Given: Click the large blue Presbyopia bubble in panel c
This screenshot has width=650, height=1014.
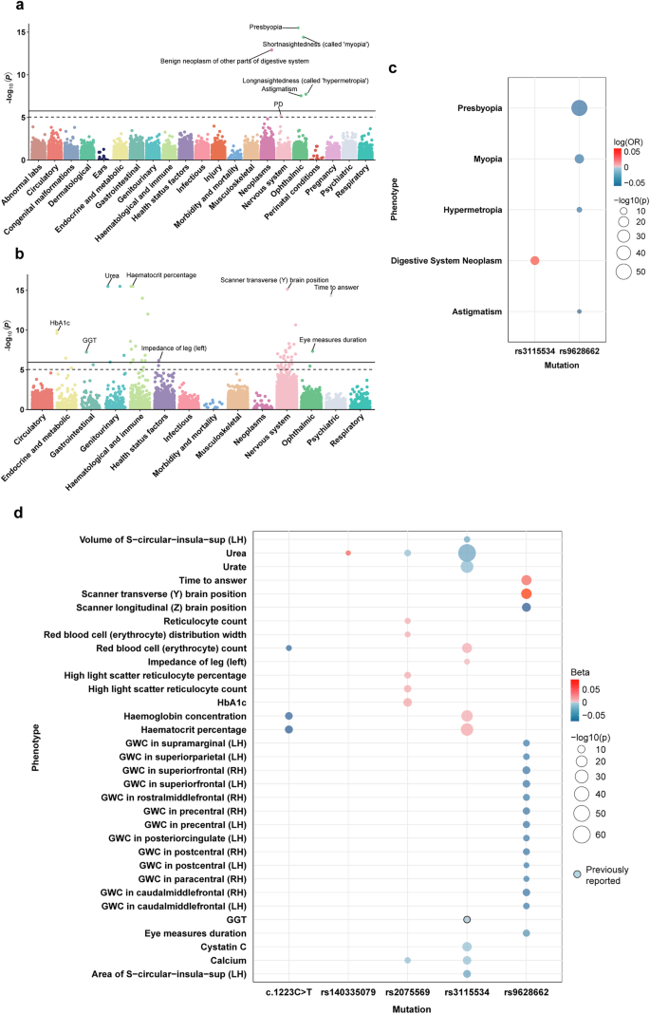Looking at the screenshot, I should point(578,108).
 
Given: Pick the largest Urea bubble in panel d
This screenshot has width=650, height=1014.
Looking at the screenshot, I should point(467,553).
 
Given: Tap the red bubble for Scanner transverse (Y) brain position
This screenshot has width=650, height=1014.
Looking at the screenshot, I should point(526,593).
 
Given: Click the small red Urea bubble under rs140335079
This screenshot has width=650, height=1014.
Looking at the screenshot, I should point(348,553).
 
